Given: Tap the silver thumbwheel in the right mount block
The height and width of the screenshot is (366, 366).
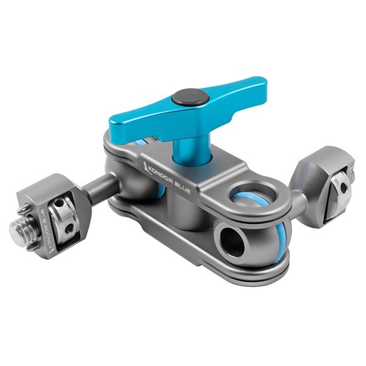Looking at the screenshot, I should click(x=337, y=187).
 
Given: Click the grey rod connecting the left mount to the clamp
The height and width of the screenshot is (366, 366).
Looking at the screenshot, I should click(x=102, y=187).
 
